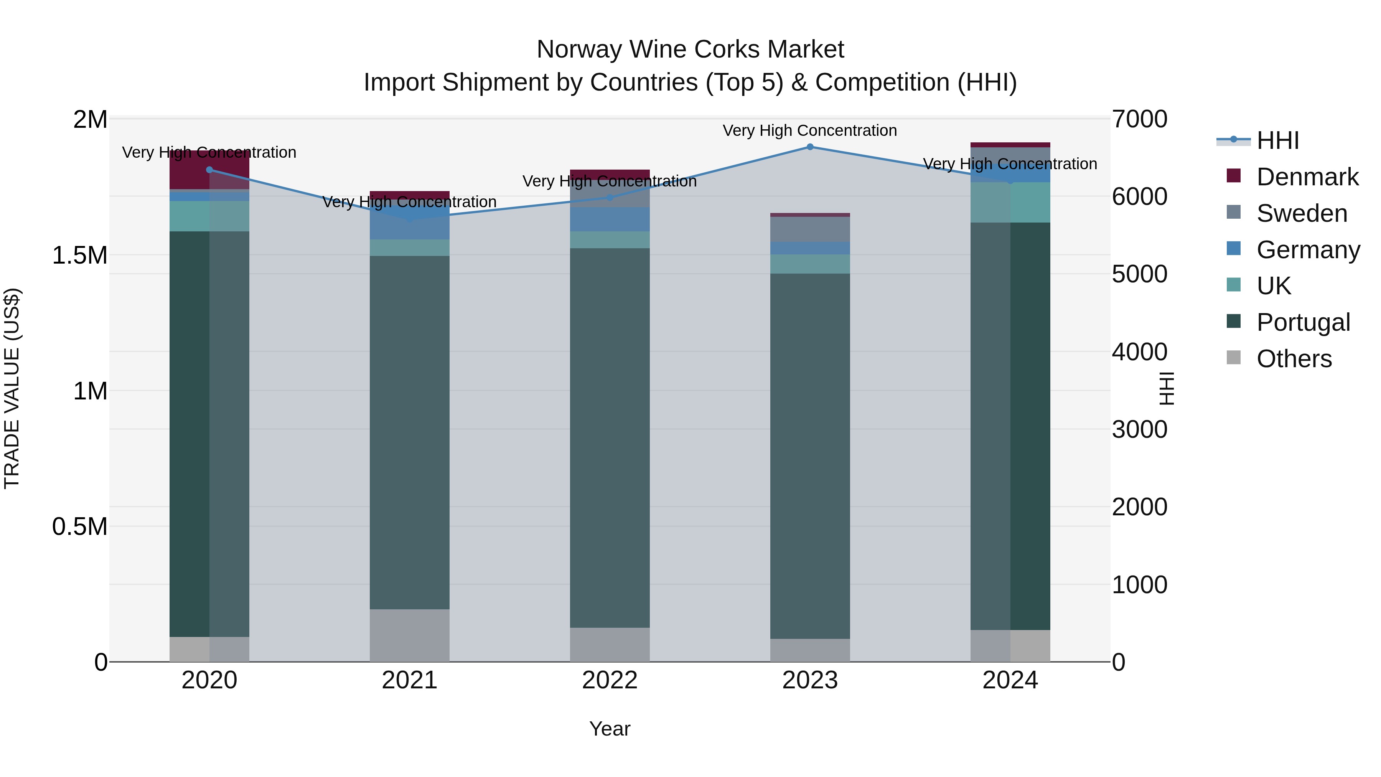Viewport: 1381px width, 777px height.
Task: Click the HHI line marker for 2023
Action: click(x=810, y=147)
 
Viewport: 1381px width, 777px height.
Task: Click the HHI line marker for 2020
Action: click(x=209, y=170)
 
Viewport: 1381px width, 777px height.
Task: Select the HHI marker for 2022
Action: click(x=610, y=197)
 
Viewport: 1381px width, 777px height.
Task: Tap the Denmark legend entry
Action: click(x=1307, y=177)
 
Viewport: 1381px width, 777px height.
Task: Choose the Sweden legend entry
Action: click(x=1302, y=213)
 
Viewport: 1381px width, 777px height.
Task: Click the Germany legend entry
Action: click(x=1308, y=250)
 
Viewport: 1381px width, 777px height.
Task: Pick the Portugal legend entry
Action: click(x=1303, y=322)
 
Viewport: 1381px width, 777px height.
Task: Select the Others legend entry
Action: click(x=1294, y=359)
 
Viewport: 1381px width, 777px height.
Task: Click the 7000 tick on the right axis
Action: click(x=1139, y=119)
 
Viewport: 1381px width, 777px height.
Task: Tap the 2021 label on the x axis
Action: click(x=410, y=680)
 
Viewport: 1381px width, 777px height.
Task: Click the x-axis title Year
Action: click(x=610, y=729)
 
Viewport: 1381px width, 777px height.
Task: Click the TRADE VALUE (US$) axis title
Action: click(x=12, y=388)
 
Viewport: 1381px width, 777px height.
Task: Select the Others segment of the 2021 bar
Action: click(x=410, y=635)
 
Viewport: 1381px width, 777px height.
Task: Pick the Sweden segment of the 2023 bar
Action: click(x=810, y=229)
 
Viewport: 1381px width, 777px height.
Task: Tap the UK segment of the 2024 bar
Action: click(x=1010, y=202)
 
